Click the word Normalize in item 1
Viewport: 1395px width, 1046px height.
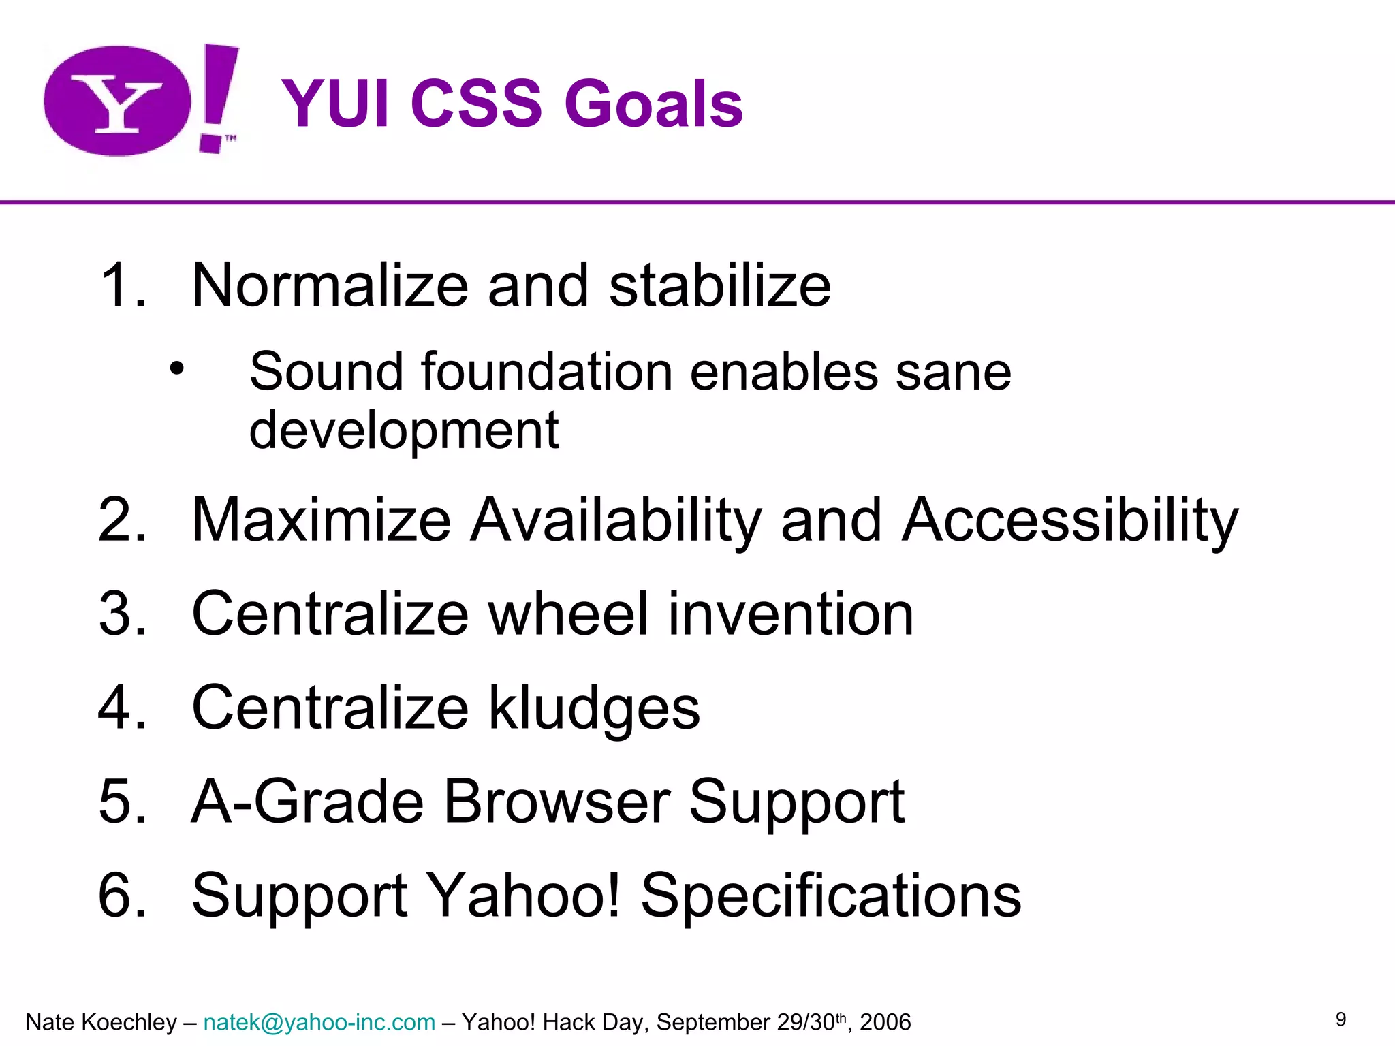(x=330, y=285)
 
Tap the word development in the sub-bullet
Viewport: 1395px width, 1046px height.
(x=403, y=430)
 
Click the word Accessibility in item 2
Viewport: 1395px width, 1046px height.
(x=1069, y=521)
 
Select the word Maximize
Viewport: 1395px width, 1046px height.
(x=322, y=521)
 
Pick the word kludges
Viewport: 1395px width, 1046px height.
(x=594, y=708)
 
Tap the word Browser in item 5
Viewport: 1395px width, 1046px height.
(x=557, y=802)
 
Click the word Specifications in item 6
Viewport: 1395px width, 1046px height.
(x=830, y=895)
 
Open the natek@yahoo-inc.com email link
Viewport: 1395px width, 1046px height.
(x=319, y=1022)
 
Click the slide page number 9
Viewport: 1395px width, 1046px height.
(x=1341, y=1019)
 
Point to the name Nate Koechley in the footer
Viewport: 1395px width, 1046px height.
(x=101, y=1022)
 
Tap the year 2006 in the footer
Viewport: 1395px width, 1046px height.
(x=885, y=1022)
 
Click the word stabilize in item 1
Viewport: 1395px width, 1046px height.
(x=719, y=285)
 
